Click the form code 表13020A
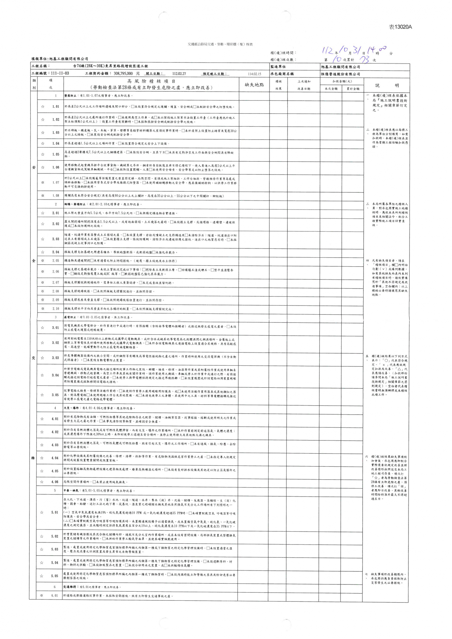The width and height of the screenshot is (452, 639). (400, 27)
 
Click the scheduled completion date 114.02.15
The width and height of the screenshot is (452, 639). (254, 74)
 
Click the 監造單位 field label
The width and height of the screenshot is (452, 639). (278, 67)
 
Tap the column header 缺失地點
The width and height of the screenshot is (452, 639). (254, 85)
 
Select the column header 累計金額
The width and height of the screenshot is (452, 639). (352, 89)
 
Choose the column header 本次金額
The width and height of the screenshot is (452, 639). (331, 89)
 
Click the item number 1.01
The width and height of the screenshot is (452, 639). (56, 107)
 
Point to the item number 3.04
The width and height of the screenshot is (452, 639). (55, 375)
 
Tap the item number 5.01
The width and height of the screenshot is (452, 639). (55, 513)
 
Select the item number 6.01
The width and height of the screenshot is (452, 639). (55, 595)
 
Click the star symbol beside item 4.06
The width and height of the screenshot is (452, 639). (42, 482)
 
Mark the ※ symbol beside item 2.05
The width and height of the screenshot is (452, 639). (42, 261)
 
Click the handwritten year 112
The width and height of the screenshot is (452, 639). (328, 51)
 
